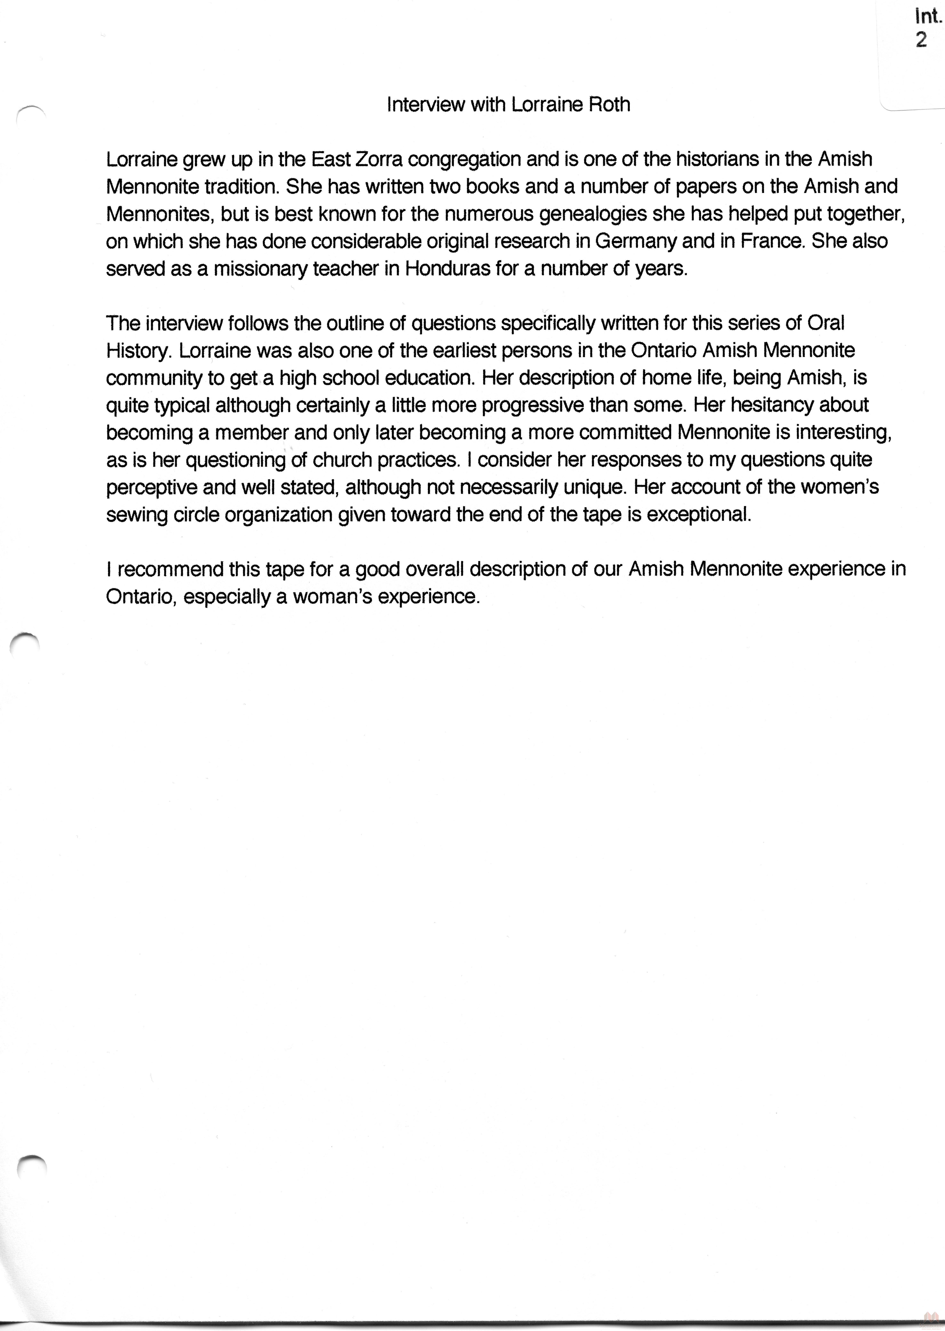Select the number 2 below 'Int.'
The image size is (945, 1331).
(x=921, y=40)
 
